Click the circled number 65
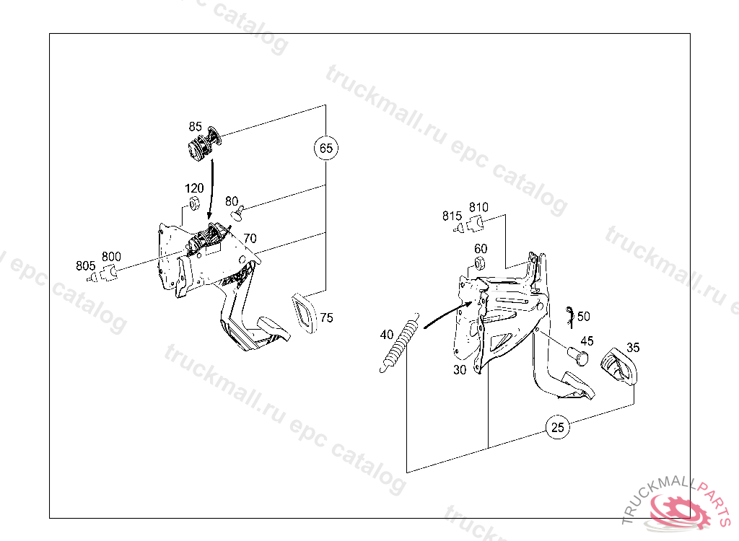326,148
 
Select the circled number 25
558,428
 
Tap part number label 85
195,127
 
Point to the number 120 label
194,188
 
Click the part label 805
85,265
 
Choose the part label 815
452,216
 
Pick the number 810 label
478,207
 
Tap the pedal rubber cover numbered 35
618,366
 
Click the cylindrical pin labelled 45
578,356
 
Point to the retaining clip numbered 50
570,317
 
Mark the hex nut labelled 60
479,263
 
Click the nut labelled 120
193,205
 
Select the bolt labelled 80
237,213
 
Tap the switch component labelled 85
204,144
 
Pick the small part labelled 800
109,273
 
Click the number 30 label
460,370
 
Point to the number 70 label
250,239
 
